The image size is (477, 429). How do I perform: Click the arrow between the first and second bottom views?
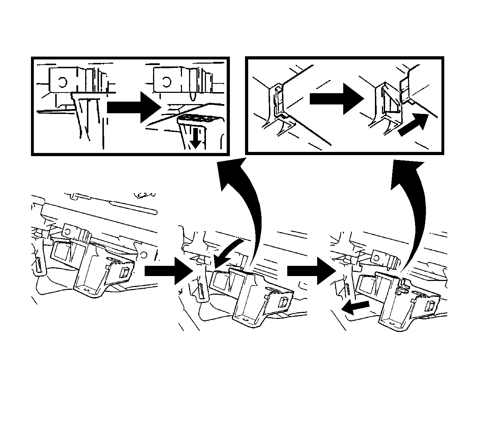click(168, 270)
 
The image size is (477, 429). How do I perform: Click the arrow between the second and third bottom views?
click(310, 270)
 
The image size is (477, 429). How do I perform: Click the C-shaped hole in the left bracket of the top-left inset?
click(63, 82)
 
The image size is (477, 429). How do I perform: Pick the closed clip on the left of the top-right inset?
click(278, 102)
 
